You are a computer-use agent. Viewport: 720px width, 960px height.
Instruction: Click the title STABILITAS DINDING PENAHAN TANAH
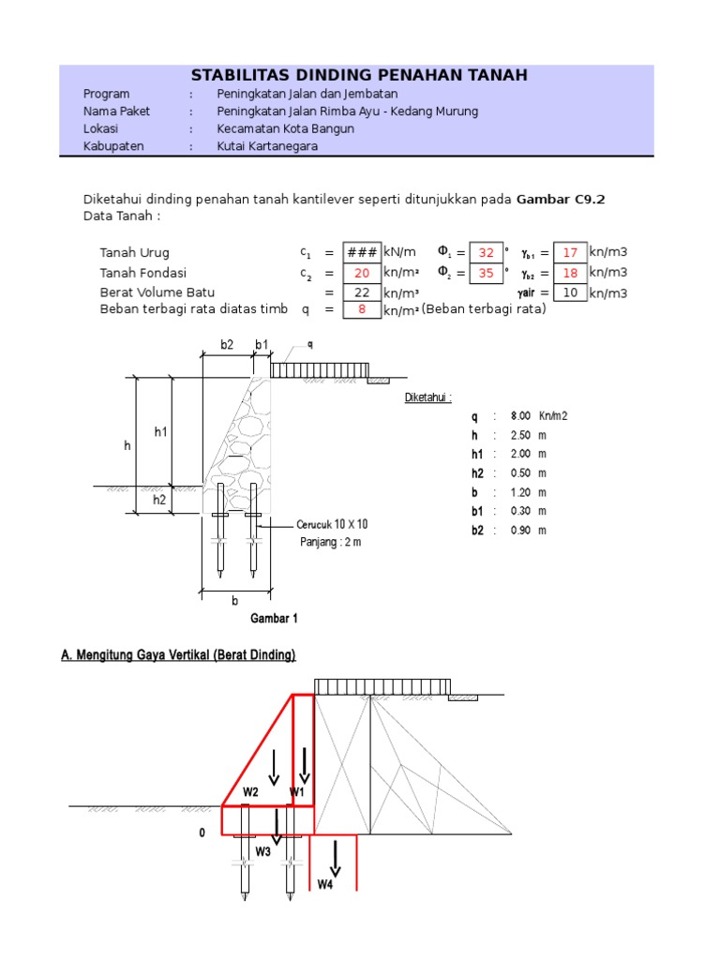click(x=359, y=75)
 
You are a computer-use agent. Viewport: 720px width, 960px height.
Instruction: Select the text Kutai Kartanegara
click(x=267, y=146)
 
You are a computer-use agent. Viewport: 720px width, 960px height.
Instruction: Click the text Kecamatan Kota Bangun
click(x=285, y=128)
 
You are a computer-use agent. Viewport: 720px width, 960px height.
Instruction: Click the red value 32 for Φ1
click(x=486, y=253)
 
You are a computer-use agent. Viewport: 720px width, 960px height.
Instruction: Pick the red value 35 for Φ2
click(x=486, y=273)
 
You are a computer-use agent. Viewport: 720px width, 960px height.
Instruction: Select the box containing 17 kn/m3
click(x=569, y=253)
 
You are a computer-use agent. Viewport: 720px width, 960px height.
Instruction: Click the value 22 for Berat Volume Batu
click(x=362, y=292)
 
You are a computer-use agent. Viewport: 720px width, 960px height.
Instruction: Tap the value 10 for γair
click(x=569, y=292)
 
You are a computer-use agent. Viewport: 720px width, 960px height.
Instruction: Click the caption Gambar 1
click(x=274, y=619)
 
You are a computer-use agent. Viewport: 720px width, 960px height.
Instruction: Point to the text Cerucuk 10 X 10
click(x=332, y=525)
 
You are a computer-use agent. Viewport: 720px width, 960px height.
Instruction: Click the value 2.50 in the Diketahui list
click(x=521, y=435)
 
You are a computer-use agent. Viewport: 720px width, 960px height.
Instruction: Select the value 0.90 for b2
click(x=521, y=531)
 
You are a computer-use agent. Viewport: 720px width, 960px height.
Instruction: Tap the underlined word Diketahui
click(x=427, y=397)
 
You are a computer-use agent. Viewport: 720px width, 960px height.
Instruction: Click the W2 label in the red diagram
click(x=250, y=792)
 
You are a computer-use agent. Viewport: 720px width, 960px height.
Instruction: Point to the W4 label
click(x=325, y=884)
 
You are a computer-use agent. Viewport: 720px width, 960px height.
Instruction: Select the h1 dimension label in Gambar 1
click(x=159, y=432)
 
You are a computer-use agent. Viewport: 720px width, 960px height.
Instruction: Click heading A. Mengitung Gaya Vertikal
click(x=178, y=655)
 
